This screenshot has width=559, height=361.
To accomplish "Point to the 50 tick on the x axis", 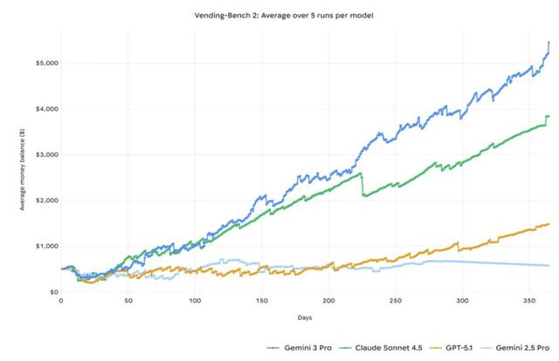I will click(128, 300).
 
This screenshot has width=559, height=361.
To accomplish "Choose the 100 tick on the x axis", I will click(195, 300).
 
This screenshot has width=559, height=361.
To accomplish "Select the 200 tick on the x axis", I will click(329, 300).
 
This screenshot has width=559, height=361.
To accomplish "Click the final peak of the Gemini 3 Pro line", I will click(549, 42).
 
